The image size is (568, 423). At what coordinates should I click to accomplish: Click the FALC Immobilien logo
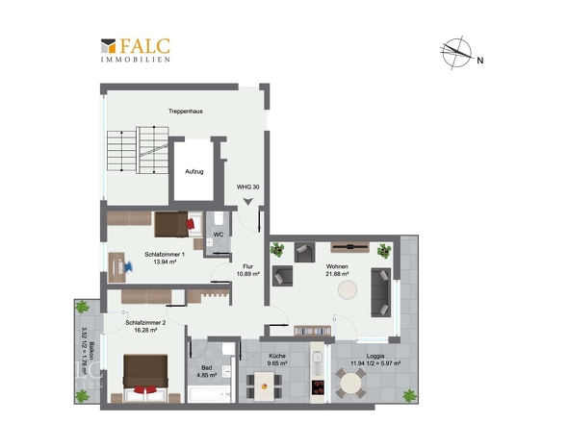(x=135, y=50)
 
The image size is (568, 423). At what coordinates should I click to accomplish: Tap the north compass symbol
(x=457, y=53)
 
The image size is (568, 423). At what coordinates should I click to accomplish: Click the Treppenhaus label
(x=186, y=112)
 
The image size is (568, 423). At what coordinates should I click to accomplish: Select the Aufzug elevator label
(x=194, y=171)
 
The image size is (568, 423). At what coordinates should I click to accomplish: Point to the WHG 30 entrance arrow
(x=248, y=202)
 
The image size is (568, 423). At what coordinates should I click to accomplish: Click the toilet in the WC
(x=219, y=218)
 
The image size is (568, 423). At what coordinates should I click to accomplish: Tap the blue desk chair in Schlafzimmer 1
(x=128, y=266)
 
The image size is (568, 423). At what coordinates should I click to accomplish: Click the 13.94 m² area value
(x=165, y=261)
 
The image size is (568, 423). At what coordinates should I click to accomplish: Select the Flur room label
(x=248, y=266)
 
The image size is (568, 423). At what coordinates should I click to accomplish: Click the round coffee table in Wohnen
(x=348, y=289)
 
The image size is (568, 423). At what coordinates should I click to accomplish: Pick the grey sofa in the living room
(x=380, y=292)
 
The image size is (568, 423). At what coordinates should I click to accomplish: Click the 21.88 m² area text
(x=337, y=274)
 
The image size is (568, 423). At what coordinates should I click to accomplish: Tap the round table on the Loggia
(x=350, y=384)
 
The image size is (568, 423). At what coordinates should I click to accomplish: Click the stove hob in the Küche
(x=318, y=387)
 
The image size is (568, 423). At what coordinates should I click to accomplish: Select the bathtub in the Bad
(x=210, y=394)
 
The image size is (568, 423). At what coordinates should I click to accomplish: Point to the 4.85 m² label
(x=206, y=375)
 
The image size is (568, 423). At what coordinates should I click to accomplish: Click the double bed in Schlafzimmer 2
(x=145, y=378)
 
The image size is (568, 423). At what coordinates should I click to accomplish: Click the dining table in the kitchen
(x=264, y=386)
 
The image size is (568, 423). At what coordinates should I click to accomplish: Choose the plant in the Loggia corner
(x=410, y=395)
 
